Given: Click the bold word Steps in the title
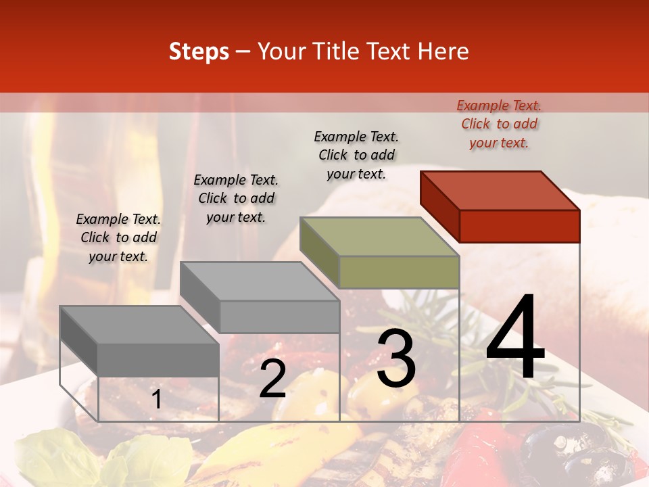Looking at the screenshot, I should pos(199,51).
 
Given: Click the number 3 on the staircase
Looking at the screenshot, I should pos(396,358).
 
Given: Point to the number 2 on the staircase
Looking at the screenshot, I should pos(272,379).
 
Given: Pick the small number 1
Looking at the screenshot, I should pos(156,400).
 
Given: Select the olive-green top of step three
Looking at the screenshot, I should pos(379,237).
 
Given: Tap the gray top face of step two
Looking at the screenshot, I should pos(259,281).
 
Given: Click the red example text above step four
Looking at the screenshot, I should pos(499,124).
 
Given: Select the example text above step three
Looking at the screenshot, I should pos(356,155).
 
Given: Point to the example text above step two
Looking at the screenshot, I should pos(236,198).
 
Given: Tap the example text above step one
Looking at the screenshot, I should pos(118,237).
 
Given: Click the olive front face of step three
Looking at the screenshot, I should pos(399,273).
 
